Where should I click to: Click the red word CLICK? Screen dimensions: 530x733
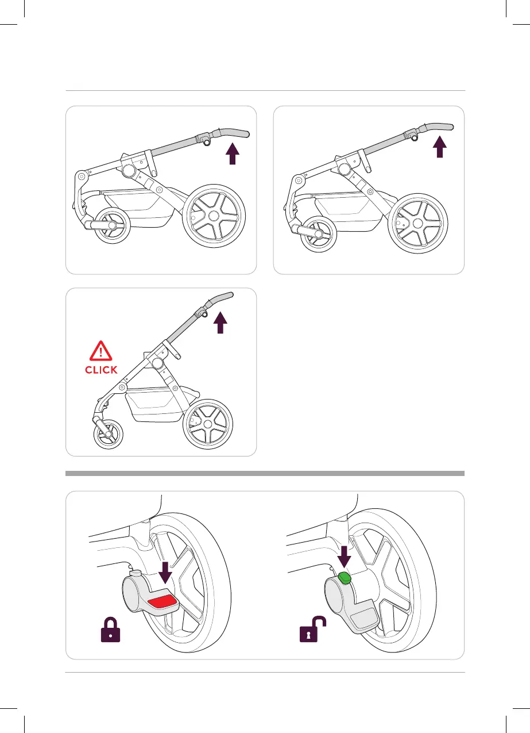tap(101, 370)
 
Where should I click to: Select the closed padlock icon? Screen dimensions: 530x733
tap(111, 632)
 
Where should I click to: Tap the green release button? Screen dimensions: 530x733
tap(345, 578)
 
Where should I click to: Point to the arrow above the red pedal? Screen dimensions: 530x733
tap(165, 573)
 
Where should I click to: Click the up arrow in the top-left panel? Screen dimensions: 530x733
tap(232, 153)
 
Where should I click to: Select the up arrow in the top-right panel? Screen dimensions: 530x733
tap(439, 147)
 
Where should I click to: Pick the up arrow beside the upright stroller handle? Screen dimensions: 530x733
tap(221, 323)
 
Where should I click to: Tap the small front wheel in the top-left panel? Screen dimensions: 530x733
tap(111, 227)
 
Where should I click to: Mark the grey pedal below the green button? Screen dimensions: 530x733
tap(363, 619)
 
